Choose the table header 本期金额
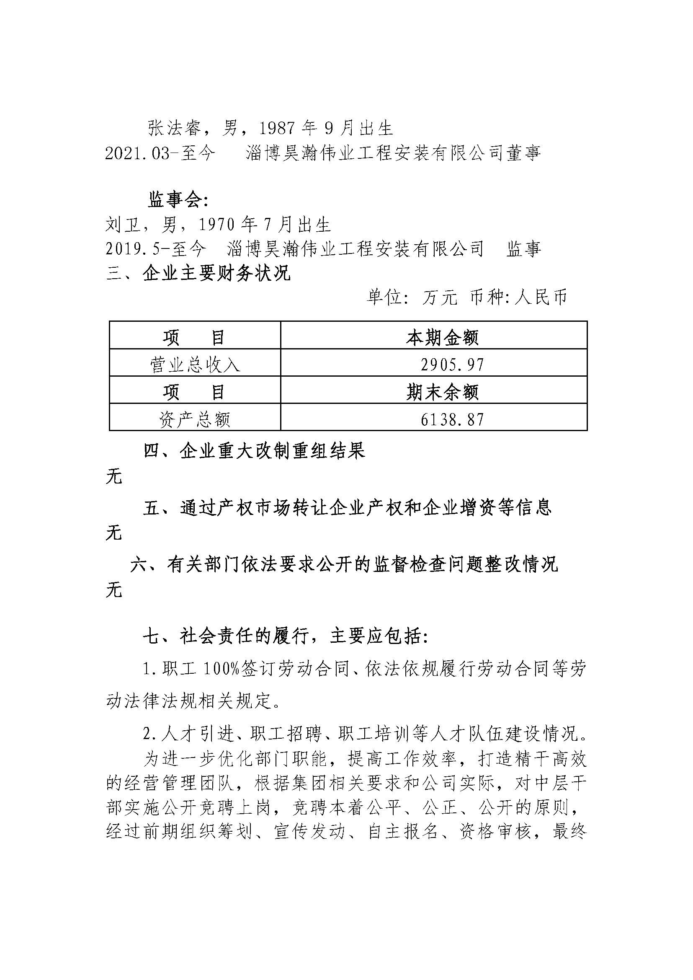coord(442,338)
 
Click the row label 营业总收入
coord(195,365)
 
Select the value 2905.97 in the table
coord(452,365)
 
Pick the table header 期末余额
coord(442,393)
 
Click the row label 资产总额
coord(195,420)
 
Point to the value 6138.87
coord(452,420)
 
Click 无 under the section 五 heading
coord(114,533)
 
